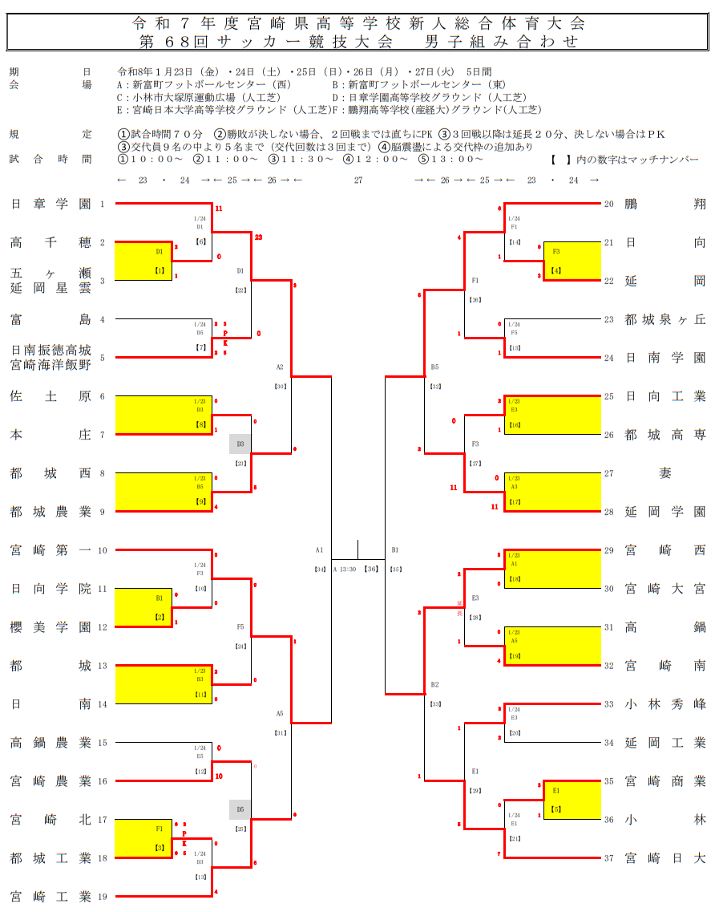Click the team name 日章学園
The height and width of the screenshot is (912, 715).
50,204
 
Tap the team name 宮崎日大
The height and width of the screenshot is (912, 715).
665,858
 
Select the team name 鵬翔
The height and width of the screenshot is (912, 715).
665,204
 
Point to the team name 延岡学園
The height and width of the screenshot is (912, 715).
665,512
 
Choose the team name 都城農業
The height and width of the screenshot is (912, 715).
50,512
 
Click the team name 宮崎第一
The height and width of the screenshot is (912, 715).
50,550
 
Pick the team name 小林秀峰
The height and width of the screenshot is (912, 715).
665,704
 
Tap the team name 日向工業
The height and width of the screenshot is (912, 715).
665,396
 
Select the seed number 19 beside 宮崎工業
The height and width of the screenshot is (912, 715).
102,897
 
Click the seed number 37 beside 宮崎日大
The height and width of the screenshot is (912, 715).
609,858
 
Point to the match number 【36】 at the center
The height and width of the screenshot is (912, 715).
371,569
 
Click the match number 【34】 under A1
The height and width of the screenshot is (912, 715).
320,569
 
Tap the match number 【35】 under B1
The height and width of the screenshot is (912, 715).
395,569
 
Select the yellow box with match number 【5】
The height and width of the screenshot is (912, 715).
572,800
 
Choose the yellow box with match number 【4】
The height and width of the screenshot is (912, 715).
572,261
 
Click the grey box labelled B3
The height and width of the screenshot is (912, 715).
240,444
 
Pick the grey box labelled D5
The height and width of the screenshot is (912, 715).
240,809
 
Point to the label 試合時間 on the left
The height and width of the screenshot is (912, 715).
50,159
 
